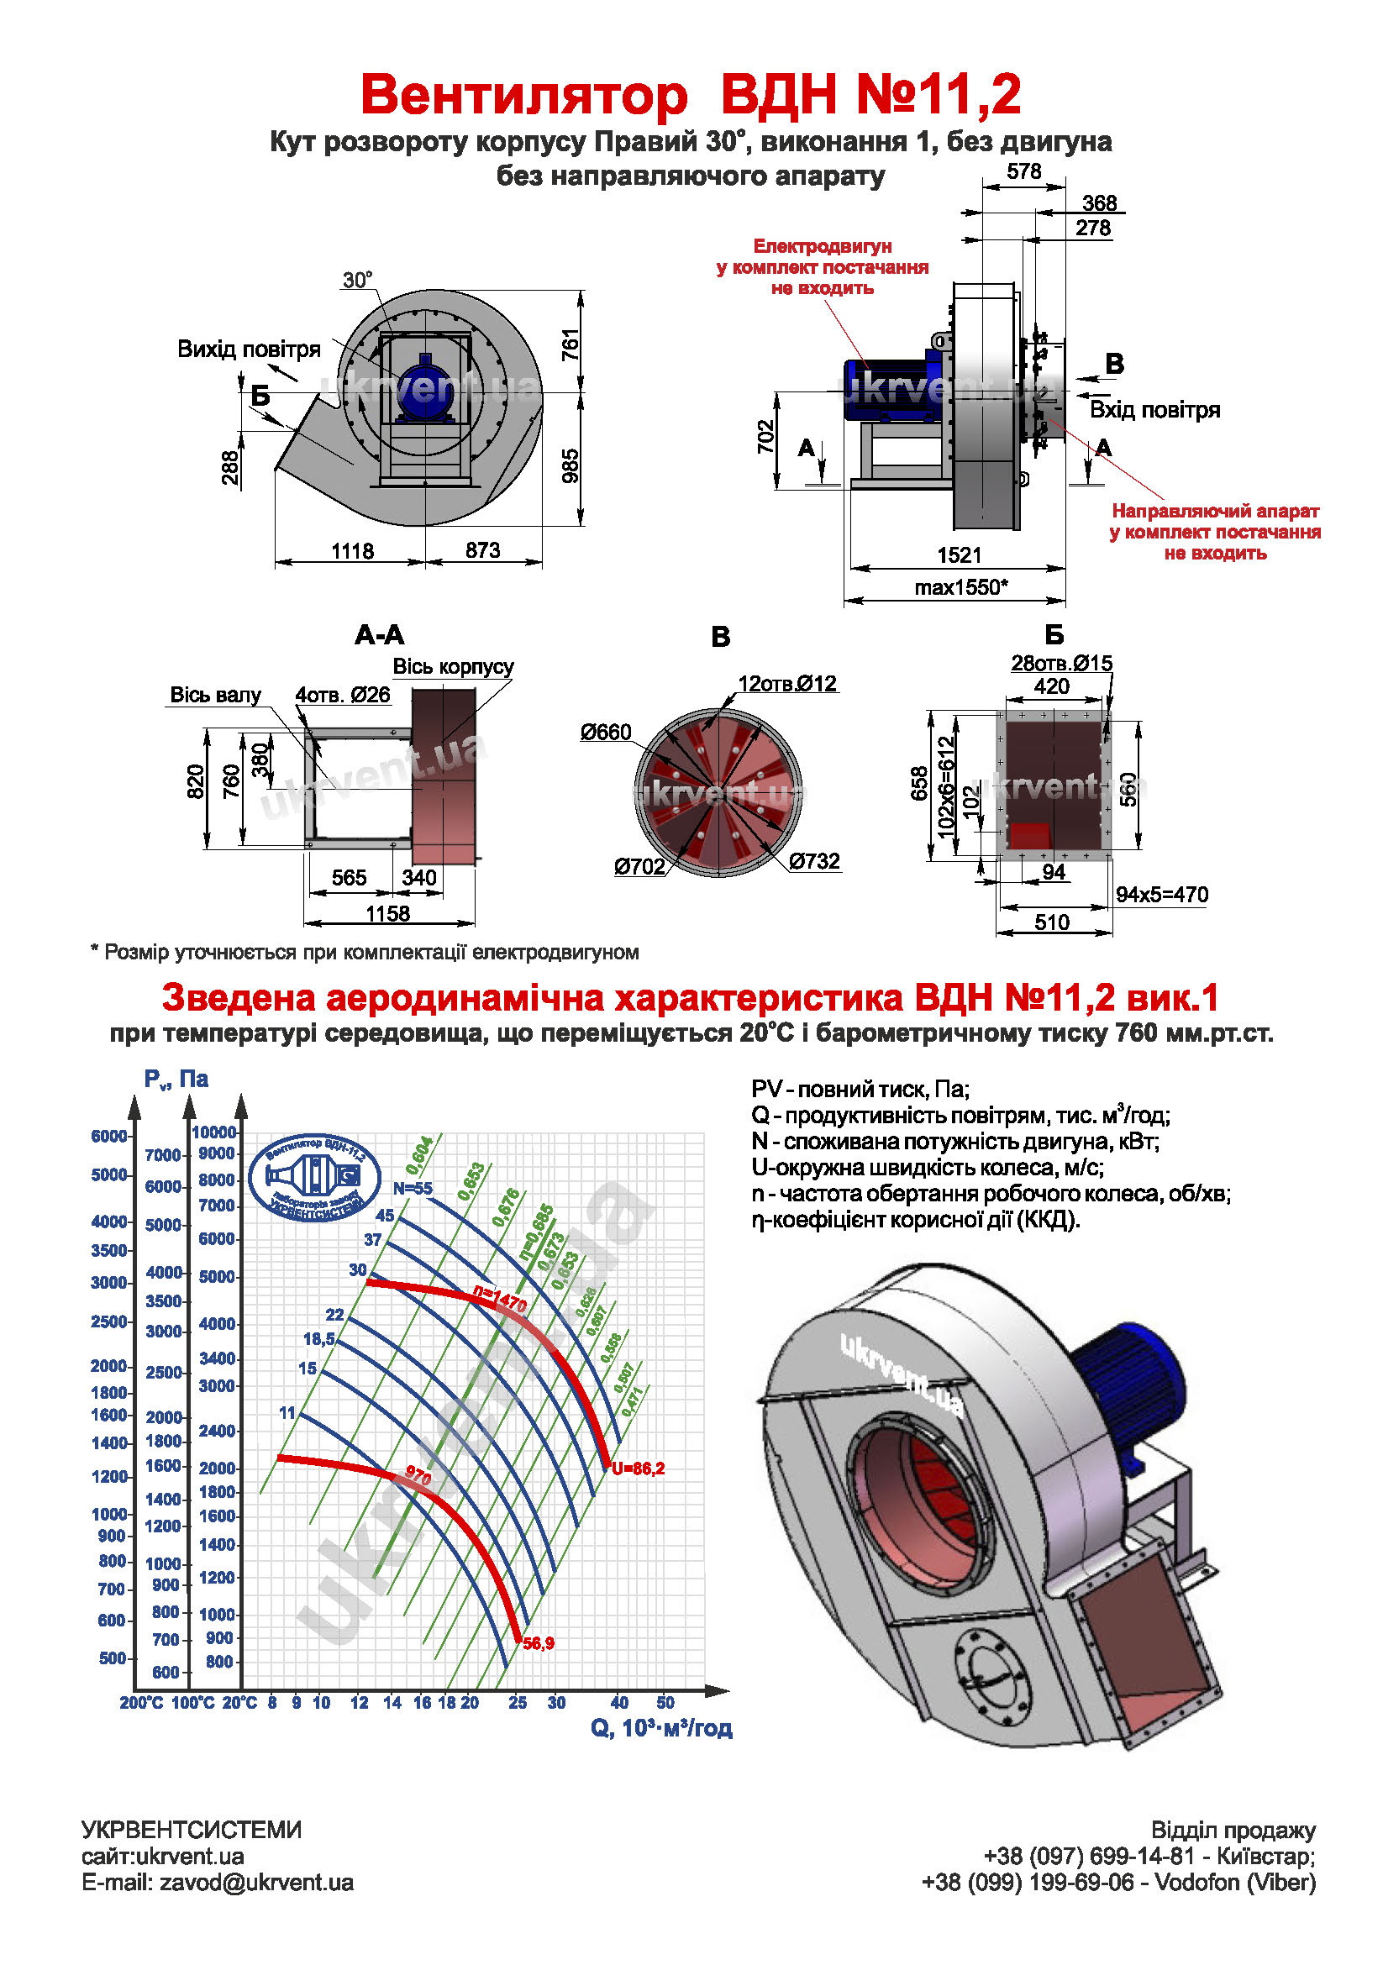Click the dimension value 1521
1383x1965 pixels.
pos(959,554)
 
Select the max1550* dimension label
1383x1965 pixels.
pos(960,587)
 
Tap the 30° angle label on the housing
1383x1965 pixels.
pos(357,280)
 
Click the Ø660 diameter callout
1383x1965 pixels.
pos(605,732)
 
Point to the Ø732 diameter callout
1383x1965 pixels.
pos(814,861)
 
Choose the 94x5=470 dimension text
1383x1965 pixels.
pos(1161,895)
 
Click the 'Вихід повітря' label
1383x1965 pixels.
pos(248,349)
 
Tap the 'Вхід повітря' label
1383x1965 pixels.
pos(1154,410)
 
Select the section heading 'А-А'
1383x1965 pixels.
pos(379,635)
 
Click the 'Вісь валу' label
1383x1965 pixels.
pos(215,695)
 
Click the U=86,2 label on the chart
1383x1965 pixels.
pos(638,1468)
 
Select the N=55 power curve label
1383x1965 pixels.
pos(413,1189)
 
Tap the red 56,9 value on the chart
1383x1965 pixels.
pos(539,1642)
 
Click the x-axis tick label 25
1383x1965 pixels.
pos(517,1702)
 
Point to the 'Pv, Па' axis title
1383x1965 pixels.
pos(176,1080)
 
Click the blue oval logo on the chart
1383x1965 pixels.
pos(314,1177)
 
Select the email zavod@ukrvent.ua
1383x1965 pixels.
pos(256,1882)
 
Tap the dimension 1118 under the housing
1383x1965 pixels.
pos(353,550)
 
